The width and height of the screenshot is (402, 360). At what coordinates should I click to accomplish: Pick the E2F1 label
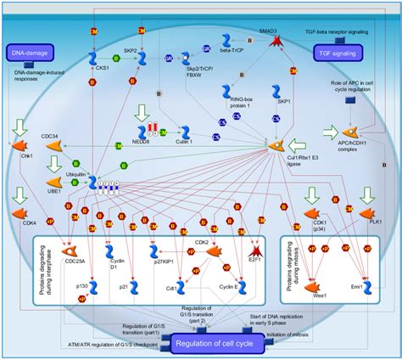[x=253, y=262]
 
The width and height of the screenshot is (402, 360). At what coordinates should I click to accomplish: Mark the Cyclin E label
[x=227, y=289]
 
